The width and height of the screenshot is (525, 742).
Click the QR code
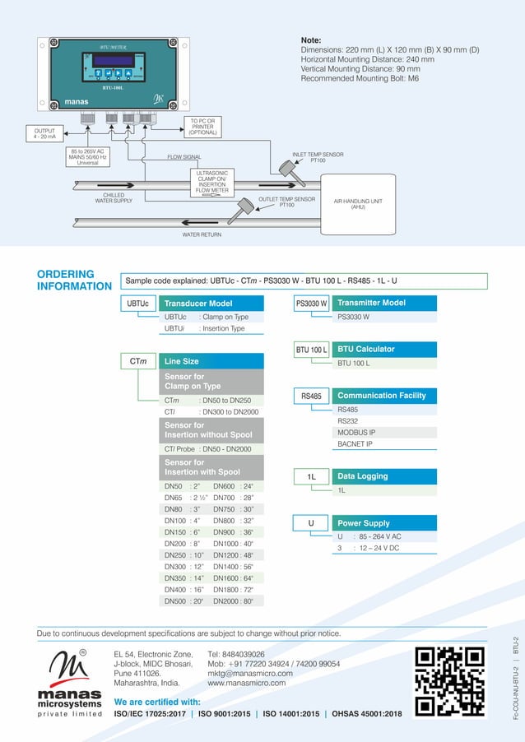pos(448,682)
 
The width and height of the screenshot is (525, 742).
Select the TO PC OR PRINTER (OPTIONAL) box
pos(202,127)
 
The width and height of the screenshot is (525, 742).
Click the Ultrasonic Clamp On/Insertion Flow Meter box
pos(211,183)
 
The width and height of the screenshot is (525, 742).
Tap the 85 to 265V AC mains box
pos(88,156)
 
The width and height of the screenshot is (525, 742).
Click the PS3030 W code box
pos(312,304)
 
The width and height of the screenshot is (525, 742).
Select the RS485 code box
pos(312,396)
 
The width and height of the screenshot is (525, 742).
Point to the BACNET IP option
pos(355,444)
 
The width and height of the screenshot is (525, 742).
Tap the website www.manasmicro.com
pos(246,684)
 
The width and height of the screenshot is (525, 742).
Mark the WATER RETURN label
pos(202,234)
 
